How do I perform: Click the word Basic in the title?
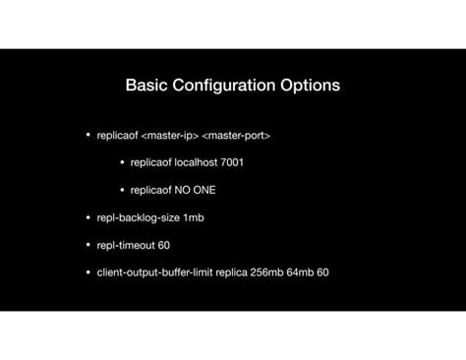[x=146, y=86]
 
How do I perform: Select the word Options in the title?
[x=309, y=86]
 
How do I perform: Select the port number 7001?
[x=232, y=162]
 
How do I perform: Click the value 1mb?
[x=193, y=217]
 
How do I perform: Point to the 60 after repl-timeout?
[x=163, y=245]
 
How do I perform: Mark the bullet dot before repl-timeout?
[x=88, y=245]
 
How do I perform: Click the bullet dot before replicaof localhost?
[x=122, y=162]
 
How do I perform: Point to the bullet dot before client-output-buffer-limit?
[x=88, y=271]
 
